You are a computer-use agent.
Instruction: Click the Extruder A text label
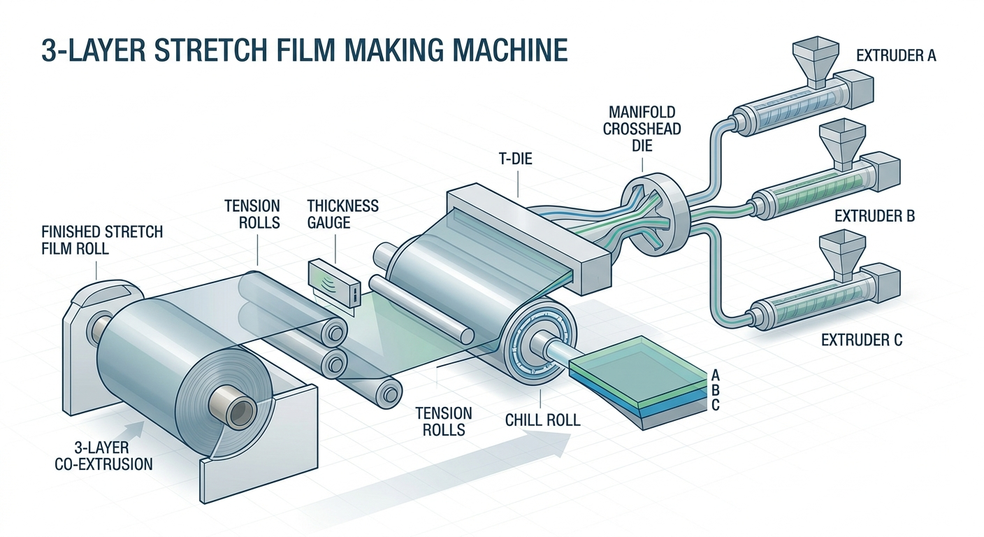click(x=896, y=56)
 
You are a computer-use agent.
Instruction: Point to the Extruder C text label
click(x=862, y=340)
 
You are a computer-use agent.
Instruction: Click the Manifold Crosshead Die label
click(x=642, y=129)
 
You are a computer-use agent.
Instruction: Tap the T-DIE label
click(x=516, y=158)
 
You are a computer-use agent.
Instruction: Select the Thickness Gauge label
click(x=342, y=214)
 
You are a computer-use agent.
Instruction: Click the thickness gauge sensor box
click(x=335, y=284)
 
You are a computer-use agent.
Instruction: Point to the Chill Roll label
click(x=542, y=420)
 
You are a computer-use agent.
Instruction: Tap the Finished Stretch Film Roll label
click(x=102, y=240)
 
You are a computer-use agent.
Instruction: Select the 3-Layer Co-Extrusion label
click(x=103, y=456)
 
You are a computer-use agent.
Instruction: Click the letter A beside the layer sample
click(x=715, y=375)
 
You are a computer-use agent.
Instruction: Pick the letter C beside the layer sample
click(x=715, y=405)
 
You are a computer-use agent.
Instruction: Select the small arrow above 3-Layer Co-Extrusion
click(x=136, y=429)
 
